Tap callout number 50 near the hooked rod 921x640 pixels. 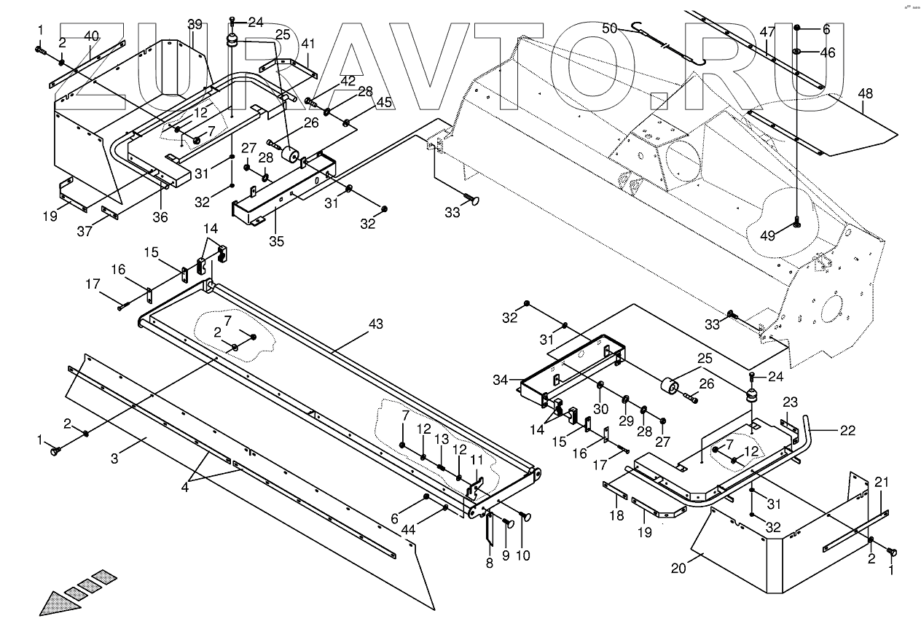pos(609,28)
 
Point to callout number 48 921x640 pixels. pos(865,94)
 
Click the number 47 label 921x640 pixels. pos(767,32)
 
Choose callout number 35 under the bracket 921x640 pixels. pos(275,241)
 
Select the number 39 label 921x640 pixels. pos(195,25)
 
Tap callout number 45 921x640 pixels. pos(384,103)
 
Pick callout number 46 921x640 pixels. pos(828,52)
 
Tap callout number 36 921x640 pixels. pos(160,216)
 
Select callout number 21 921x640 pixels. pos(881,482)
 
